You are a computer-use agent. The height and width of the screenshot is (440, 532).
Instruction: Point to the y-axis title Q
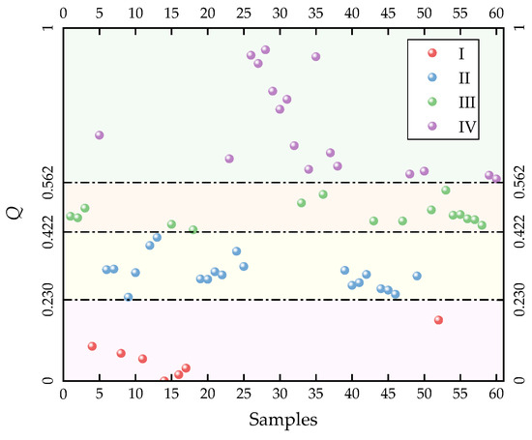(x=14, y=205)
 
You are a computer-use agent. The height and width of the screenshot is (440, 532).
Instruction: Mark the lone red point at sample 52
(x=438, y=320)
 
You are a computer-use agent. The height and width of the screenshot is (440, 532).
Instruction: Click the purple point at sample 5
(x=100, y=135)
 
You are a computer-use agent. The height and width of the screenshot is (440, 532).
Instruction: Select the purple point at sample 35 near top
(x=315, y=57)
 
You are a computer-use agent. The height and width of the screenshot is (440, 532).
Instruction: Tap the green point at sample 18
(x=192, y=230)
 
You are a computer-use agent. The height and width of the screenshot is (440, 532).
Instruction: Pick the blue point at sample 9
(x=128, y=298)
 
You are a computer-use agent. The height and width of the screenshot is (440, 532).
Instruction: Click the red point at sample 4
(x=92, y=346)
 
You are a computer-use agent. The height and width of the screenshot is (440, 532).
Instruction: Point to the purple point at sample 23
(x=229, y=159)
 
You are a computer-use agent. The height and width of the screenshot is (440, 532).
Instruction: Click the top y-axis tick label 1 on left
(x=51, y=29)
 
